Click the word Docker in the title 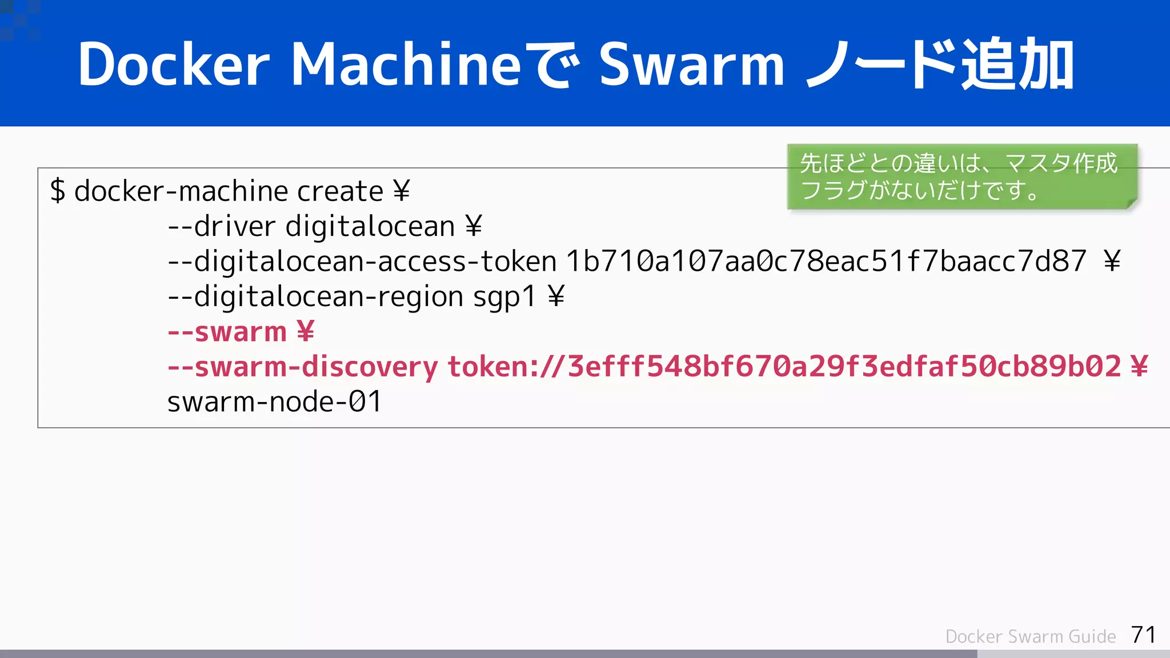(x=173, y=65)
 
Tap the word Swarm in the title (x=692, y=65)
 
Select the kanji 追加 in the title (x=1017, y=65)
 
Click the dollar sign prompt (x=57, y=191)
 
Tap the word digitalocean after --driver (x=370, y=226)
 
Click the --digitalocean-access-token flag (x=362, y=262)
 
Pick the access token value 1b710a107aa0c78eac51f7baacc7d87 (x=826, y=262)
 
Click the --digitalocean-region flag (x=315, y=296)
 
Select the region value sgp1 (x=504, y=296)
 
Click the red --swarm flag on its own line (x=227, y=332)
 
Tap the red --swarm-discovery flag (x=302, y=367)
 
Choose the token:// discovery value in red (x=784, y=367)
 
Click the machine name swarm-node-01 (x=274, y=402)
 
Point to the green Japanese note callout (x=962, y=176)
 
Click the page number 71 (x=1143, y=635)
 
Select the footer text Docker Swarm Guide (x=1030, y=636)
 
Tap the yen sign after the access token (x=1112, y=262)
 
